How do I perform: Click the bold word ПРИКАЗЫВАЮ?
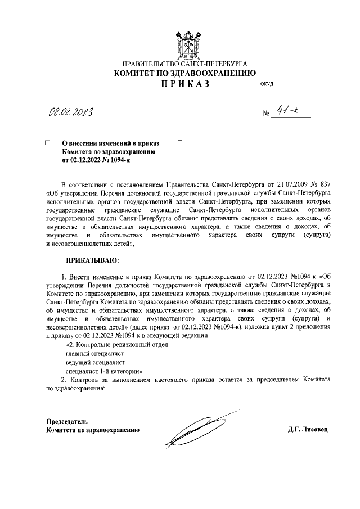93,260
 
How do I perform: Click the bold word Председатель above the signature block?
66,421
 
